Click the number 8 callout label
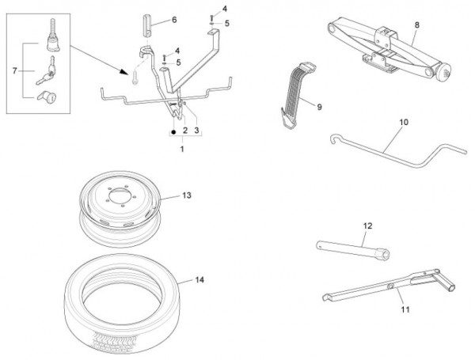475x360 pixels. [x=416, y=25]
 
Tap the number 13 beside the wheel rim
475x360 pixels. [x=187, y=194]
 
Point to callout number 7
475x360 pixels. [x=14, y=71]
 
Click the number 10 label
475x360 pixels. [x=403, y=123]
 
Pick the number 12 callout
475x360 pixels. [x=367, y=225]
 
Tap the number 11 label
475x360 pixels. [x=405, y=309]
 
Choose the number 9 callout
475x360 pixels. [x=319, y=106]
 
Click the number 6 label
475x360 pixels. [x=173, y=18]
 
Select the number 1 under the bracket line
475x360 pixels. [x=183, y=148]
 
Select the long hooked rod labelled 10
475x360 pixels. [x=380, y=150]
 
